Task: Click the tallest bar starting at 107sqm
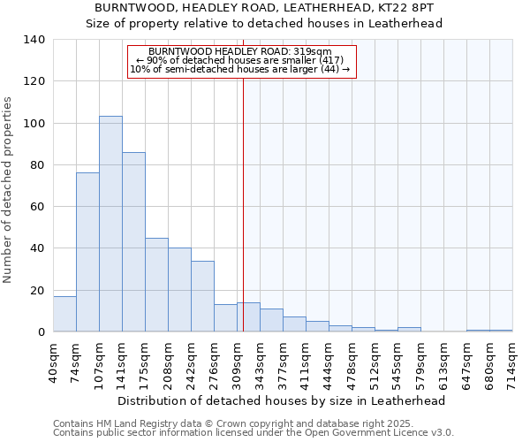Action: point(110,224)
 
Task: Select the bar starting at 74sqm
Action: point(87,252)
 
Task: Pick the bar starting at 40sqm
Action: point(64,314)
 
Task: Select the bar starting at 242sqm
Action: point(202,296)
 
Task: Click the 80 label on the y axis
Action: point(38,165)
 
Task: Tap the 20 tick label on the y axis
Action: point(38,290)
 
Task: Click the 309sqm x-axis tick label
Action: point(237,361)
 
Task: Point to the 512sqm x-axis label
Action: point(375,361)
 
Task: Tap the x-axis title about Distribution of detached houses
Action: point(282,400)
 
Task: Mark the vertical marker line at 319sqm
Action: point(243,203)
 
